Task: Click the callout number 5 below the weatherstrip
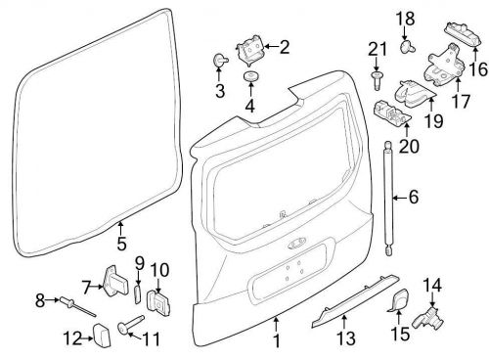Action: point(121,244)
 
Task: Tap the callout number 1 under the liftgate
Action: point(277,340)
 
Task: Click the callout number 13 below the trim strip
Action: point(342,340)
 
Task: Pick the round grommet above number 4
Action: point(249,77)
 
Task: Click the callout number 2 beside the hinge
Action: point(285,46)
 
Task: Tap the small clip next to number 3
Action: point(217,62)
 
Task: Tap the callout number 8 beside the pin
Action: point(40,299)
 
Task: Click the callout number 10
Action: point(160,268)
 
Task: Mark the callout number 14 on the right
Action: point(431,286)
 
